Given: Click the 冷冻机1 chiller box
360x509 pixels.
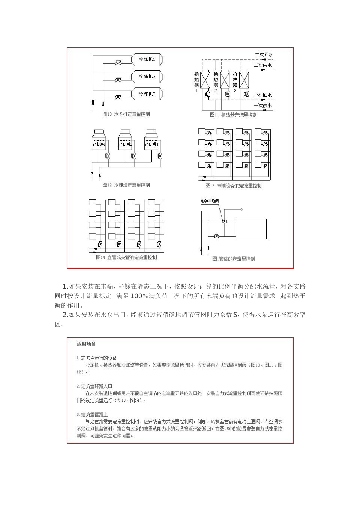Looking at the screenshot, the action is (x=147, y=60).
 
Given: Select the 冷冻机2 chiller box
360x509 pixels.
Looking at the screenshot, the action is (x=147, y=77).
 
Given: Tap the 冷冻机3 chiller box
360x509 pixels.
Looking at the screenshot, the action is (x=147, y=94).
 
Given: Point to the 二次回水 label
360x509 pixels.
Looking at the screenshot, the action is (x=263, y=55).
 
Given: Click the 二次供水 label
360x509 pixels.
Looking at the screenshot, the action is (x=263, y=65).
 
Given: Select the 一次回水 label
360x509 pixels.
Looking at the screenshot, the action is (x=263, y=95).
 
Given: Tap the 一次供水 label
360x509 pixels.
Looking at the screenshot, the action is (x=263, y=105).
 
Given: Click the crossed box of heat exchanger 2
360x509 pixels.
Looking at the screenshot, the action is (x=225, y=80).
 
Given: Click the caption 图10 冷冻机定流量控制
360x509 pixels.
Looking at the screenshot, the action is (x=126, y=114).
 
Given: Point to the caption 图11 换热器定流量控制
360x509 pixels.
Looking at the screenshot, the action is (x=233, y=115).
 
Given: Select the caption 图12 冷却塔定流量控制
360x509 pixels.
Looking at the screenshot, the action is (x=126, y=185).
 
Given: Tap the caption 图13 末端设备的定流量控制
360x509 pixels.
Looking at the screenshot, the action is (x=233, y=186).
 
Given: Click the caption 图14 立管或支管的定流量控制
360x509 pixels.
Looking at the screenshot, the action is (x=126, y=258).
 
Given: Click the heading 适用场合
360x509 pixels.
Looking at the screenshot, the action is (x=86, y=344).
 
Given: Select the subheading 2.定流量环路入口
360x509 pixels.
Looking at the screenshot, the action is (x=94, y=386).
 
